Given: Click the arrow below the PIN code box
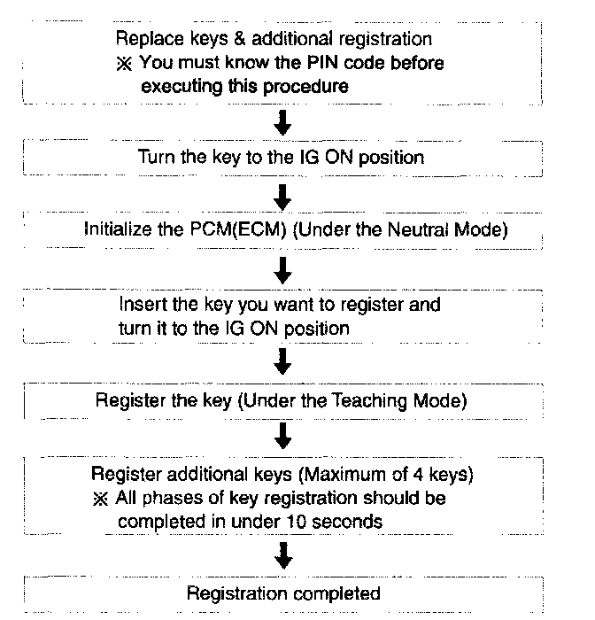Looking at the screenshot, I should point(282,122).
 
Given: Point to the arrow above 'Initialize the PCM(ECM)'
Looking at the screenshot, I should point(282,194).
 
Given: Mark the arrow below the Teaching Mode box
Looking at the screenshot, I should point(282,435).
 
